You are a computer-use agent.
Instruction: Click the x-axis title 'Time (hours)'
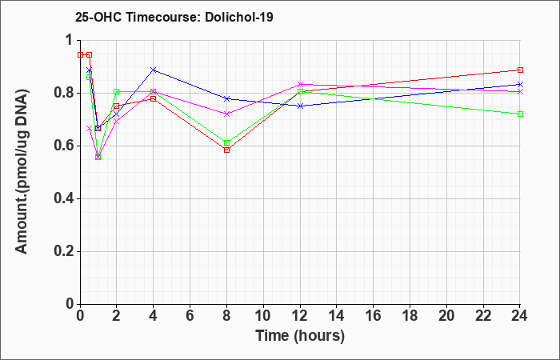point(300,336)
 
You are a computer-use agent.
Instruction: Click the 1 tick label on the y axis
point(68,40)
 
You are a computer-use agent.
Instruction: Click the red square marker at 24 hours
point(520,70)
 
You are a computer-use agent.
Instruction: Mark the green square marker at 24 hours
point(520,114)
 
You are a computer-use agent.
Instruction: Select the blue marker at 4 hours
point(154,70)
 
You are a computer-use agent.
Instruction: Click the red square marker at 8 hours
point(226,150)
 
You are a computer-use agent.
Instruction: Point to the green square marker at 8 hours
point(226,143)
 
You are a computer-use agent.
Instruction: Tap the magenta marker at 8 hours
point(226,114)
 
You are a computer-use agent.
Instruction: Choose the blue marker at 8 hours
point(226,98)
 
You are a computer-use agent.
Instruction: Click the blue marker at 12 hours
point(300,106)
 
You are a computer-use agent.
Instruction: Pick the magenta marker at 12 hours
point(300,84)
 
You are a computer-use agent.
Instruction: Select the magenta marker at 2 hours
point(117,122)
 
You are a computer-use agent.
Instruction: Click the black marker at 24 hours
point(520,84)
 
